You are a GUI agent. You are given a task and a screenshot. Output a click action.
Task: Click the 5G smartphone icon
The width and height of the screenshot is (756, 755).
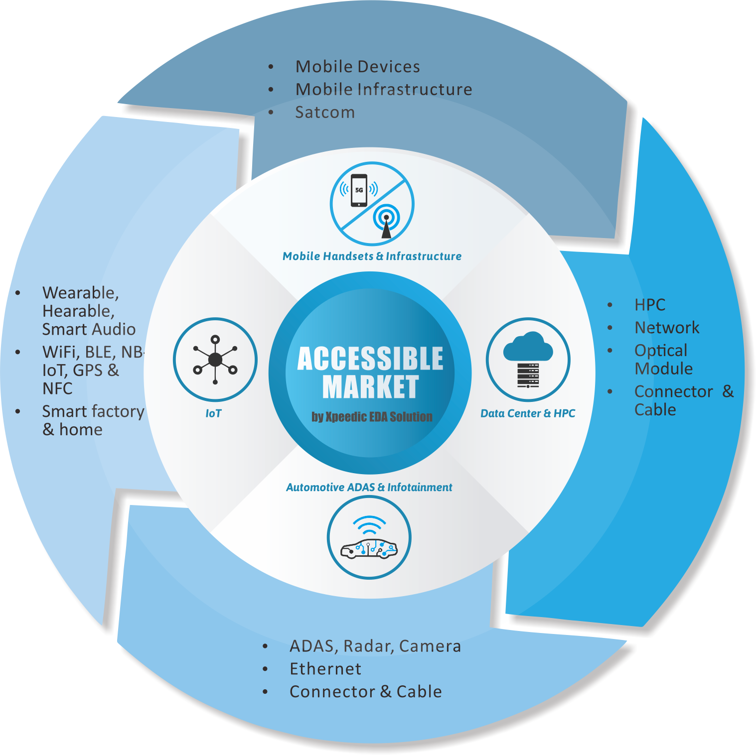tap(359, 190)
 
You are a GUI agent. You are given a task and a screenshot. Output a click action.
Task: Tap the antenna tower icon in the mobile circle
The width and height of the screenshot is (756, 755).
tap(386, 222)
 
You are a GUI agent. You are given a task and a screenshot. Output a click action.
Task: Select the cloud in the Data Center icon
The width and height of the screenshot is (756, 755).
tap(528, 347)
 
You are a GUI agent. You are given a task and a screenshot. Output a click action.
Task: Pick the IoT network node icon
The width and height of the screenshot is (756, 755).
tap(215, 359)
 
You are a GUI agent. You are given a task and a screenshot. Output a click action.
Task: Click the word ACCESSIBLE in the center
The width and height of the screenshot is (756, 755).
tap(370, 359)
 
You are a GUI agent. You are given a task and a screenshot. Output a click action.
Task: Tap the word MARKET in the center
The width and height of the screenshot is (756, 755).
tap(370, 387)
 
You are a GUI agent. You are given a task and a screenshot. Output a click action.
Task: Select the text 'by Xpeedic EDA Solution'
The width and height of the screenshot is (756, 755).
tap(372, 417)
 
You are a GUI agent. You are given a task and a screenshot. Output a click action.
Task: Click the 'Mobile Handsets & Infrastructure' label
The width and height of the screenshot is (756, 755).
tap(372, 256)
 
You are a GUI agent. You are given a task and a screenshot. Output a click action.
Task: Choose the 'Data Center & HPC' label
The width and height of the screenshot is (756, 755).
tap(528, 413)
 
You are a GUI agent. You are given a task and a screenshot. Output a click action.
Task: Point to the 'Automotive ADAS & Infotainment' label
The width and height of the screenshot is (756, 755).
tap(369, 488)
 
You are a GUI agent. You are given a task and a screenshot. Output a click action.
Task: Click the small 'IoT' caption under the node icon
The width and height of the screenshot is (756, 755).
tap(213, 413)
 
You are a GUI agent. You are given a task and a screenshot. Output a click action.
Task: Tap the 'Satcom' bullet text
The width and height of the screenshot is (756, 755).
tap(325, 113)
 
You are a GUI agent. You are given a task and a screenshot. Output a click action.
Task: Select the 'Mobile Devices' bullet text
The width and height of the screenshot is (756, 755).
tap(357, 67)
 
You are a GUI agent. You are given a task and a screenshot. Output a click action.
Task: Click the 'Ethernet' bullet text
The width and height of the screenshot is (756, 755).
tap(325, 669)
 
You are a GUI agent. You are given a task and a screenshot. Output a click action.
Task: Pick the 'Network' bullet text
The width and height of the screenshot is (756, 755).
tap(667, 328)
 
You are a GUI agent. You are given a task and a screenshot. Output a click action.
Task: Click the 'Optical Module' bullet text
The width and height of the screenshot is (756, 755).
tap(663, 360)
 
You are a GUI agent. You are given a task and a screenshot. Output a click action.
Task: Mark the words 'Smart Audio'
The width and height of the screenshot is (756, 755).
tap(89, 330)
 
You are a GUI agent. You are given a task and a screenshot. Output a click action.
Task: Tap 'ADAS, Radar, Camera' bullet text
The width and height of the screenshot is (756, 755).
tap(375, 646)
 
